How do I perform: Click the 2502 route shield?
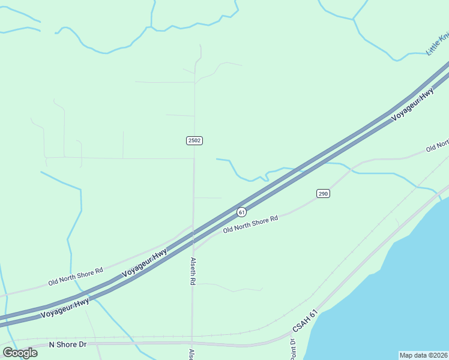pyautogui.click(x=194, y=140)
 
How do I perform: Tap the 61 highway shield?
pyautogui.click(x=241, y=212)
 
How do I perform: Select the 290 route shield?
pyautogui.click(x=323, y=193)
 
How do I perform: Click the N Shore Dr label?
pyautogui.click(x=68, y=344)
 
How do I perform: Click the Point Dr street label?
pyautogui.click(x=292, y=350)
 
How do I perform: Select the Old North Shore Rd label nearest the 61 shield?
pyautogui.click(x=250, y=224)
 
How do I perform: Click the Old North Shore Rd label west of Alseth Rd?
pyautogui.click(x=76, y=277)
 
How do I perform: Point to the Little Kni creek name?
pyautogui.click(x=437, y=44)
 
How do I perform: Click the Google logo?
pyautogui.click(x=20, y=353)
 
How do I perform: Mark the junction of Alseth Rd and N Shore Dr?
pyautogui.click(x=192, y=343)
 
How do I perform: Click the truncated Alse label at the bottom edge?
pyautogui.click(x=191, y=354)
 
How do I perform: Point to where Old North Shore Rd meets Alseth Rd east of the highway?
pyautogui.click(x=193, y=250)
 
